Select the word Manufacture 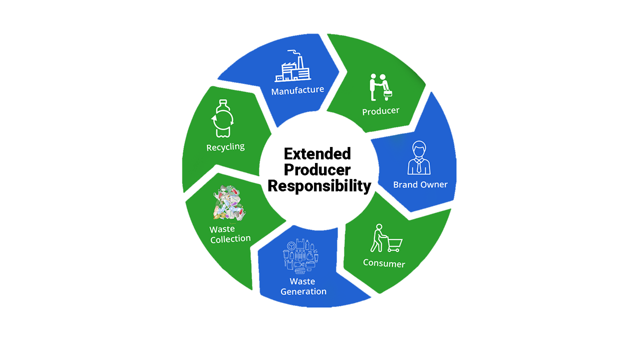(x=297, y=90)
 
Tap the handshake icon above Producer (x=380, y=86)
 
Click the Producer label (x=380, y=111)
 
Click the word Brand (x=406, y=184)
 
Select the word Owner (x=434, y=184)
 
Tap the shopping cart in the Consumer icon (x=394, y=244)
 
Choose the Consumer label (x=384, y=263)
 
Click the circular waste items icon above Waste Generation (x=301, y=257)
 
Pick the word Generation (x=303, y=291)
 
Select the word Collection (x=230, y=239)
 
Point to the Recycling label (x=225, y=147)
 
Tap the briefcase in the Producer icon (x=387, y=92)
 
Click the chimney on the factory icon (x=301, y=60)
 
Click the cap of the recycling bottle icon (x=223, y=102)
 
